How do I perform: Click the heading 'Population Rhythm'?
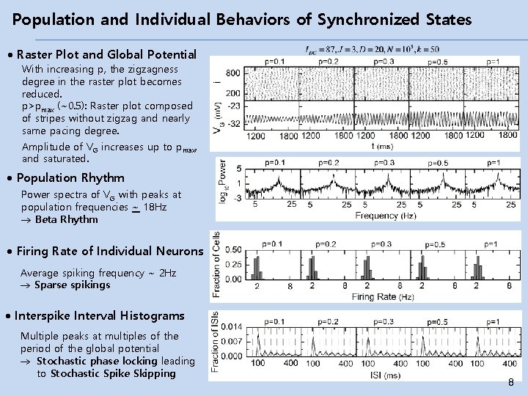click(70, 177)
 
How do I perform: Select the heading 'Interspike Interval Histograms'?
click(99, 316)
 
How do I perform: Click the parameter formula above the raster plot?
click(372, 49)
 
